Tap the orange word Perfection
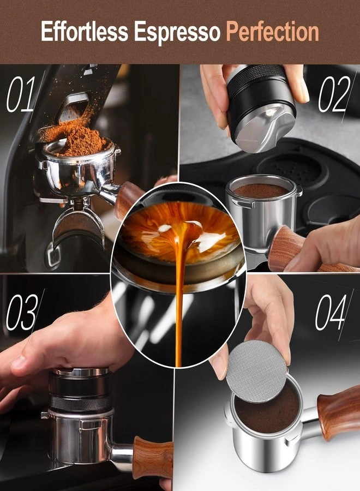[272, 33]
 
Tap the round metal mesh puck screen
[256, 371]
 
